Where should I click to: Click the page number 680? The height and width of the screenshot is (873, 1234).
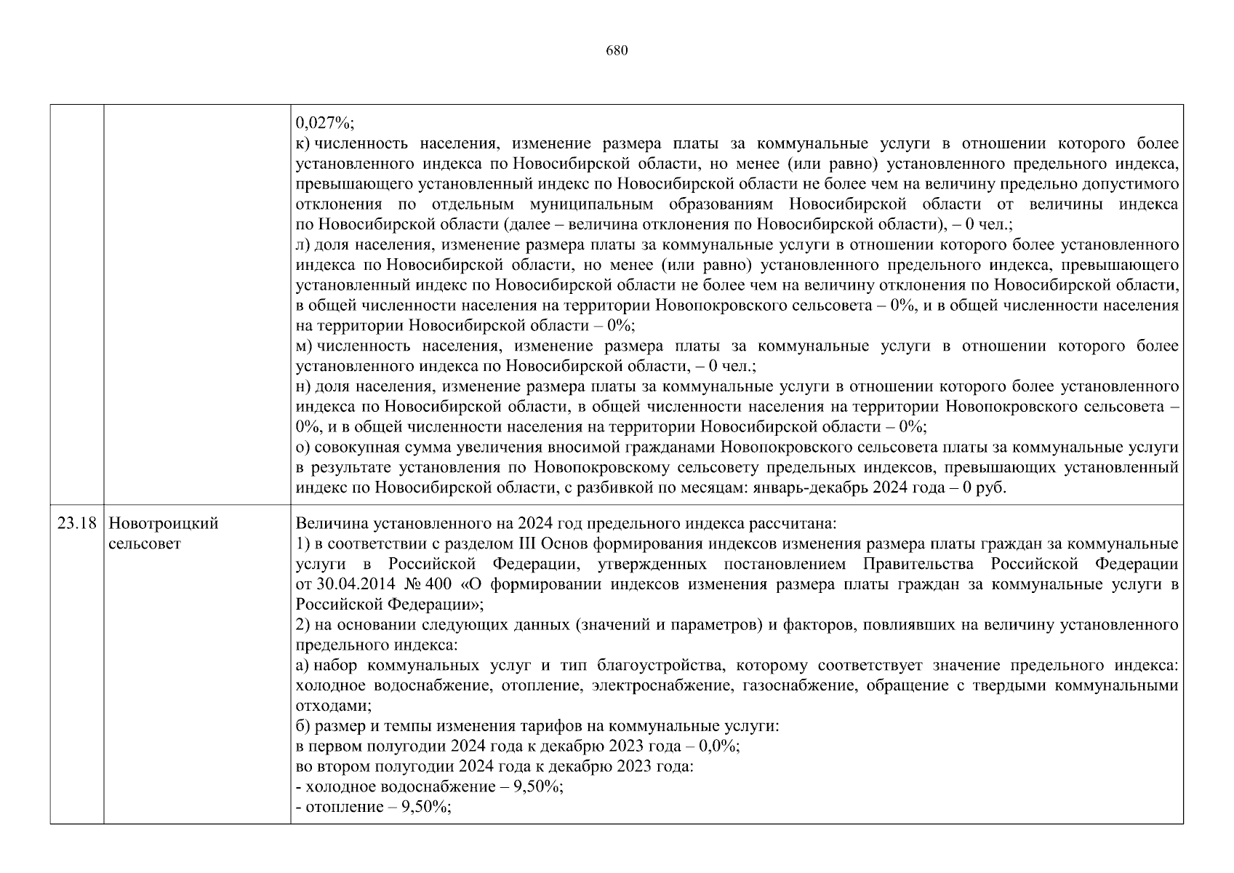tap(616, 51)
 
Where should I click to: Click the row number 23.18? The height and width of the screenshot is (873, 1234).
tap(76, 524)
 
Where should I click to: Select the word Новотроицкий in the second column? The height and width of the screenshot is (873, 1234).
tap(163, 524)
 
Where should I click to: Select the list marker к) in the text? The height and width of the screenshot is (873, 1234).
tap(303, 143)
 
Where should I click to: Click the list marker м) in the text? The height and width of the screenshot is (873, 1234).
tap(304, 346)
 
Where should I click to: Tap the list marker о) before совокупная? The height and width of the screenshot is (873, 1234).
tap(303, 447)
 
